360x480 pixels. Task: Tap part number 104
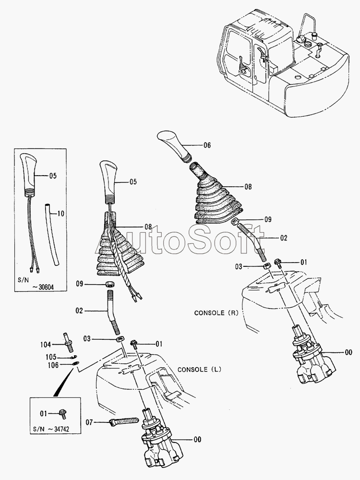pyautogui.click(x=46, y=344)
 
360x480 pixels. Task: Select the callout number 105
pyautogui.click(x=51, y=357)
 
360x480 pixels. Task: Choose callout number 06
pyautogui.click(x=207, y=144)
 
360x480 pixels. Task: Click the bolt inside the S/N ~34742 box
pyautogui.click(x=62, y=412)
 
